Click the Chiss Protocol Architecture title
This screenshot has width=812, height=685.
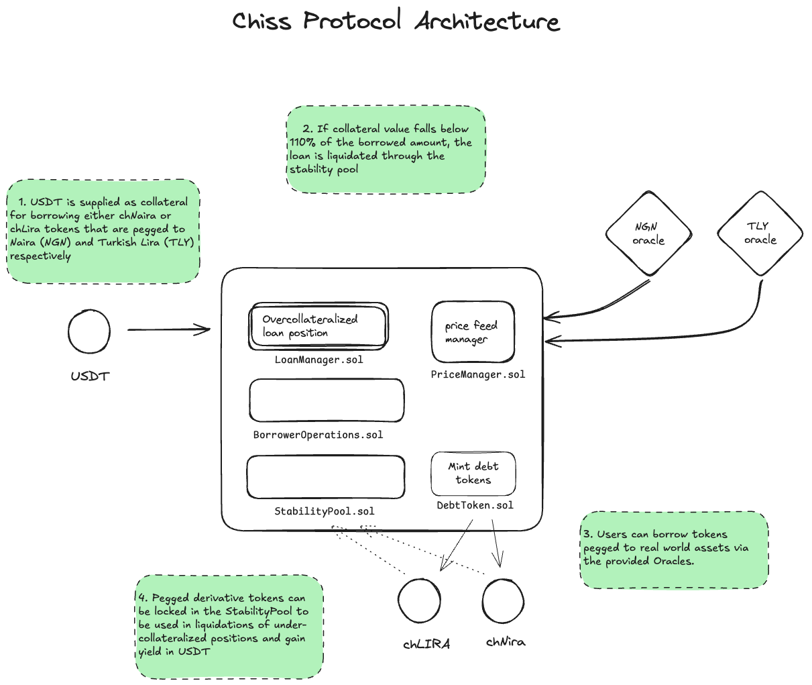(x=396, y=21)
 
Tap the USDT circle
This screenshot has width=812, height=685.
(x=89, y=331)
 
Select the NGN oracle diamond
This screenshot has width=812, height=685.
(x=648, y=233)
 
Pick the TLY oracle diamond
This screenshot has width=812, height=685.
(x=760, y=233)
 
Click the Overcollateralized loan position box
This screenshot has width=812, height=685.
(x=318, y=326)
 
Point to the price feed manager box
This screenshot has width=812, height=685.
(x=473, y=332)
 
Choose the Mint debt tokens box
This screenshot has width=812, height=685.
(x=473, y=473)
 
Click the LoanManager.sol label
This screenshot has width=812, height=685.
(x=318, y=360)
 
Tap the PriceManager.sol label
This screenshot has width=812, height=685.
(x=477, y=374)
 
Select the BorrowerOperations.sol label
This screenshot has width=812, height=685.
(x=318, y=435)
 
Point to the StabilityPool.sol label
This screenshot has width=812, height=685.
(x=324, y=511)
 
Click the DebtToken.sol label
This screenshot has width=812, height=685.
(x=475, y=505)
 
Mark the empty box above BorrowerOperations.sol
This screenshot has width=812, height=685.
(x=327, y=401)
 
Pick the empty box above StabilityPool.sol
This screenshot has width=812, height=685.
(x=326, y=477)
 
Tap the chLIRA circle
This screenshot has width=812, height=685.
(x=419, y=600)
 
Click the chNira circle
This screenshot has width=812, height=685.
(x=503, y=600)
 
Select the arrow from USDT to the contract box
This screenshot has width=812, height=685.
(x=169, y=329)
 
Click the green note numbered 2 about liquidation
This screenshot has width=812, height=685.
(x=386, y=149)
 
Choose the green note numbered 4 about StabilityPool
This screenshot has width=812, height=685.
(x=229, y=626)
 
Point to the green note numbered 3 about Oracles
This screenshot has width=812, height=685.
(x=674, y=549)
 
